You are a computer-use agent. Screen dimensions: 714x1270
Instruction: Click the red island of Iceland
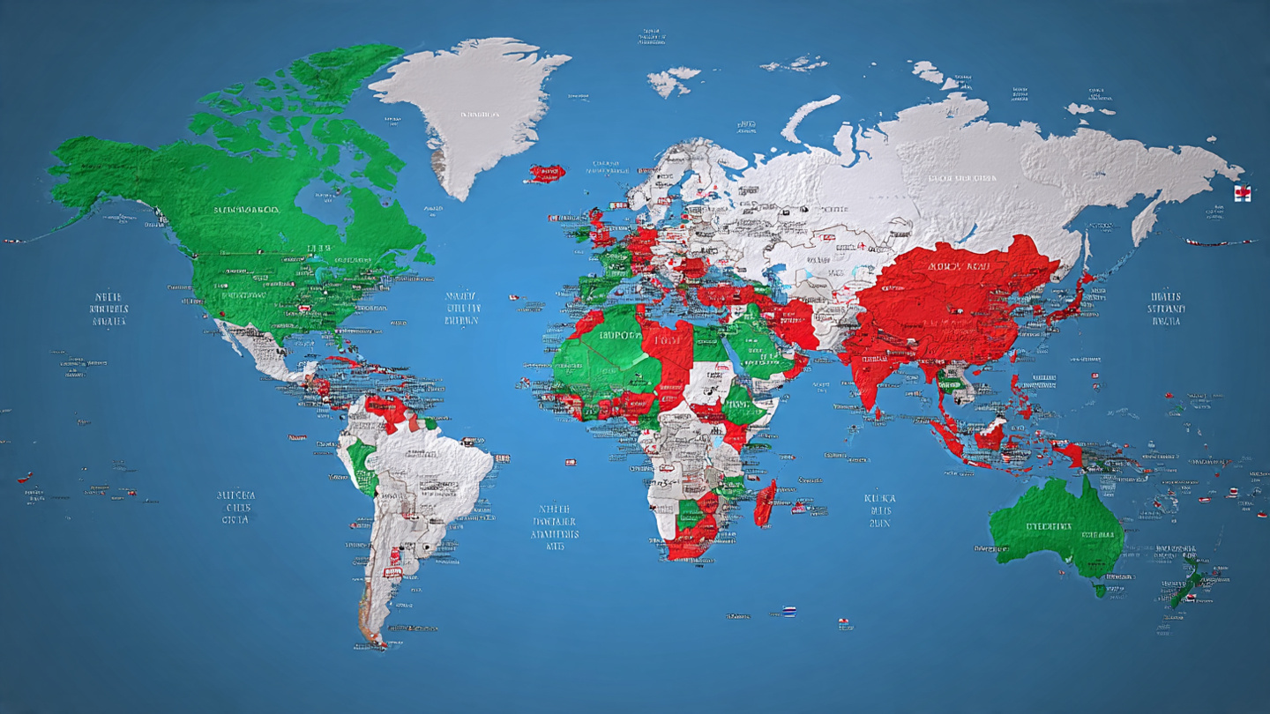point(547,173)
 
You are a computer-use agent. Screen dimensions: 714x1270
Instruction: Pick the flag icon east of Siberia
point(1242,194)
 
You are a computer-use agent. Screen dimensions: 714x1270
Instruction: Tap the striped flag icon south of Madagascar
point(788,611)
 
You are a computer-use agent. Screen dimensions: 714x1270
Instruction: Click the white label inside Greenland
point(479,115)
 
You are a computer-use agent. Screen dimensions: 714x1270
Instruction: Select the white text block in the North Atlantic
point(463,309)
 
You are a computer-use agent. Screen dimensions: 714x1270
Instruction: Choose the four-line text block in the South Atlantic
point(555,527)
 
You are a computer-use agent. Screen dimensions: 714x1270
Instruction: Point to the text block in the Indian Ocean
point(878,510)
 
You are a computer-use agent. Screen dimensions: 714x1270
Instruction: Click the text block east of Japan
point(1166,309)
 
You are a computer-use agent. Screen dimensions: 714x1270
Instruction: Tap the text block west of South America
point(235,507)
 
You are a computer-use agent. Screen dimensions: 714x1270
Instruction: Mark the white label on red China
point(957,265)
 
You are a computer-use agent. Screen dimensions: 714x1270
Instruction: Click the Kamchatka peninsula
point(1147,220)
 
